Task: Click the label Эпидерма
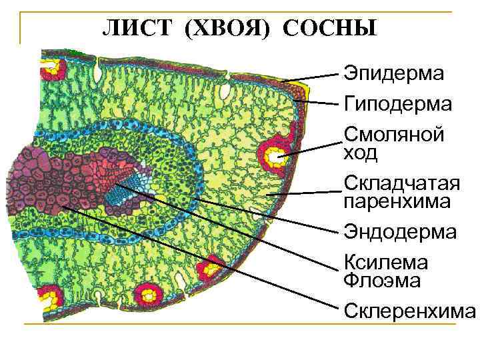point(393,74)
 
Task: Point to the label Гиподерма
point(397,104)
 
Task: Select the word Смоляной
point(393,135)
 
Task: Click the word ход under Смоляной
point(360,154)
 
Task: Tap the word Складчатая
point(401,183)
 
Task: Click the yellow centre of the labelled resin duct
point(275,157)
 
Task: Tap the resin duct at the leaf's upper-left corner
point(51,67)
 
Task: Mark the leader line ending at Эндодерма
point(267,215)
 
